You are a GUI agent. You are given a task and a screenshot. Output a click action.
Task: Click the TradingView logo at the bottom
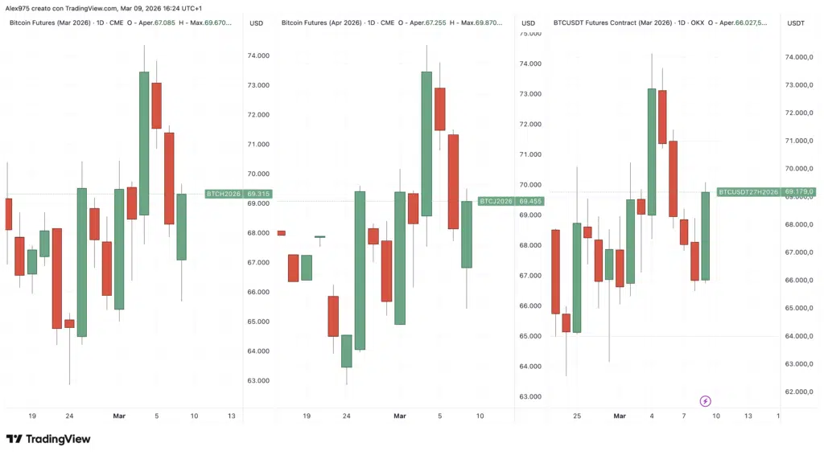coord(48,439)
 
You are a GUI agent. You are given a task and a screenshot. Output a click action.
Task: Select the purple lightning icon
coord(706,400)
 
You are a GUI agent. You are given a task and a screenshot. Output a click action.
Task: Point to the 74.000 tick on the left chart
coord(258,55)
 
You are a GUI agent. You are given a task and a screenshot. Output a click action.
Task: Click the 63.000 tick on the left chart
coord(258,380)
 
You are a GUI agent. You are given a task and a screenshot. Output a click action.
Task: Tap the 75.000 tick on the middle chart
coord(529,34)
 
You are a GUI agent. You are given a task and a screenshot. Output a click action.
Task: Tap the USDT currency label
coord(794,23)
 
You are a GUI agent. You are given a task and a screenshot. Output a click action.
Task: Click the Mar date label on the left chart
coord(119,416)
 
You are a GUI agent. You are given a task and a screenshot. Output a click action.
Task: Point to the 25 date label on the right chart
coord(577,416)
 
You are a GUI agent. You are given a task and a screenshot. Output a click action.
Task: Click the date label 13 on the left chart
coord(232,416)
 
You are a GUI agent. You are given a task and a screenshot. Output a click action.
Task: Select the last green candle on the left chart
coord(181,227)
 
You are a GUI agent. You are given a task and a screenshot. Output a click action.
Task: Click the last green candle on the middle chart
coord(466,234)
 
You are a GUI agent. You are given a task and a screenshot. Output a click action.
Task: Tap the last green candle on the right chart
coord(705,236)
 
